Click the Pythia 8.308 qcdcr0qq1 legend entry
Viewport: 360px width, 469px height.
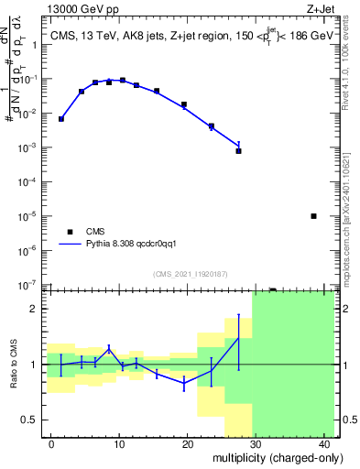136,245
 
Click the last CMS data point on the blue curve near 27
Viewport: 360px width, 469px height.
238,150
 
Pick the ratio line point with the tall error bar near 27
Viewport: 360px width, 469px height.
238,338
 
